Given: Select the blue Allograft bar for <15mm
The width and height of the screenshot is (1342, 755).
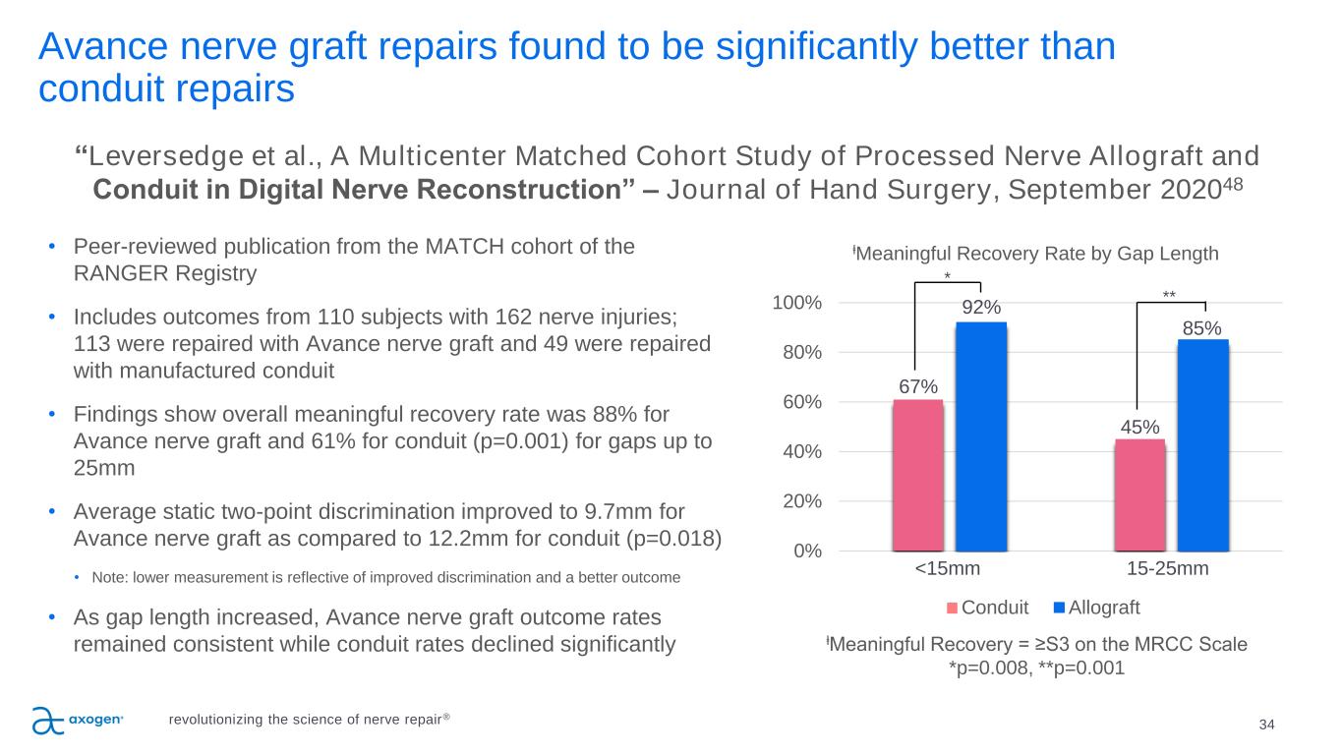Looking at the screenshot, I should pyautogui.click(x=981, y=436).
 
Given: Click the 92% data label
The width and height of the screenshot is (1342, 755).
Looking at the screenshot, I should pyautogui.click(x=981, y=308).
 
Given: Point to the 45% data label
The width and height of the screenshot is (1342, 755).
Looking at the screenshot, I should pyautogui.click(x=1139, y=427).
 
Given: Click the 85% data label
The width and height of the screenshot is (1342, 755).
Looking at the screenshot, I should pyautogui.click(x=1202, y=326).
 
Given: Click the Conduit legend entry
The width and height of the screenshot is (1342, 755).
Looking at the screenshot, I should pyautogui.click(x=988, y=607).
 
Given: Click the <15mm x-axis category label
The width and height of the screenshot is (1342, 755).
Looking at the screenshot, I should pyautogui.click(x=948, y=569).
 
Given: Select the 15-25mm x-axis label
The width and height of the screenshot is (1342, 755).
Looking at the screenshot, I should pyautogui.click(x=1168, y=569).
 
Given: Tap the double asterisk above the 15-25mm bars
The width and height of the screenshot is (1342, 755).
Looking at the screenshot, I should pyautogui.click(x=1169, y=294).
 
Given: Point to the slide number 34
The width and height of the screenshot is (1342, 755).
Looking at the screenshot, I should pyautogui.click(x=1266, y=725).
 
